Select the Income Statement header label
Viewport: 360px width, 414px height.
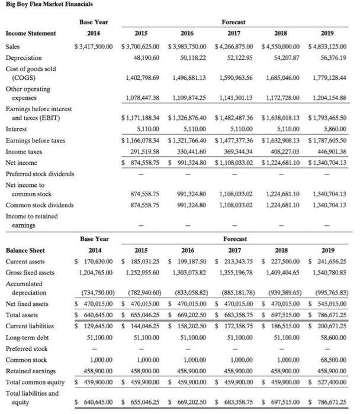pyautogui.click(x=30, y=33)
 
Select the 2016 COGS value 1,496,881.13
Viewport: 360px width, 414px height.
pyautogui.click(x=188, y=77)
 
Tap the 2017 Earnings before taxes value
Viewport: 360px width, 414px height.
pyautogui.click(x=236, y=140)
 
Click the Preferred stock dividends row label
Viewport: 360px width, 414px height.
pyautogui.click(x=40, y=174)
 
